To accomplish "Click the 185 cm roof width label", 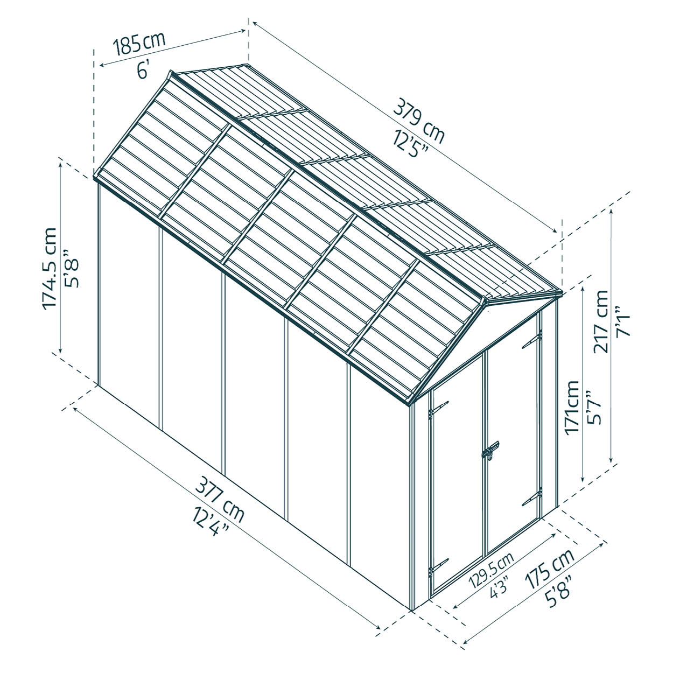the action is pos(139,44).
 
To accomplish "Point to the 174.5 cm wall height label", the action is pos(49,269).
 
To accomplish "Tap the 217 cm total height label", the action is pos(601,321).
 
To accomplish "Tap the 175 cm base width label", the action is pos(550,569).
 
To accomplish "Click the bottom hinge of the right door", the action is pos(532,496).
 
